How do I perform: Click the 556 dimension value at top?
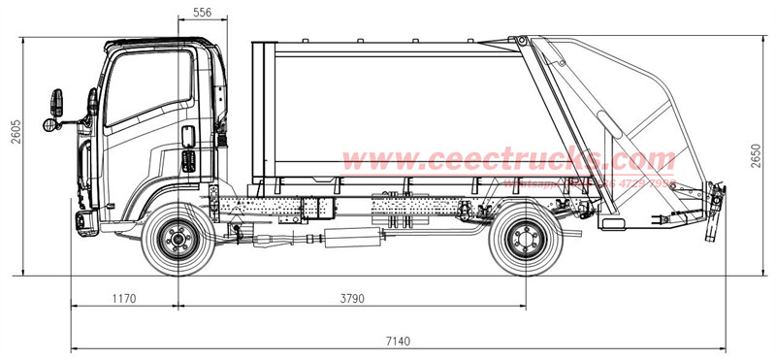pos(202,13)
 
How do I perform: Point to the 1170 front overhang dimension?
pos(123,299)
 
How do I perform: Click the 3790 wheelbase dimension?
pos(352,299)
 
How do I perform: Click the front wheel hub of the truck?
pos(176,238)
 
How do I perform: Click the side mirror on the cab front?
pos(56,101)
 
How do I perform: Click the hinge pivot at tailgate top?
pos(522,42)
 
